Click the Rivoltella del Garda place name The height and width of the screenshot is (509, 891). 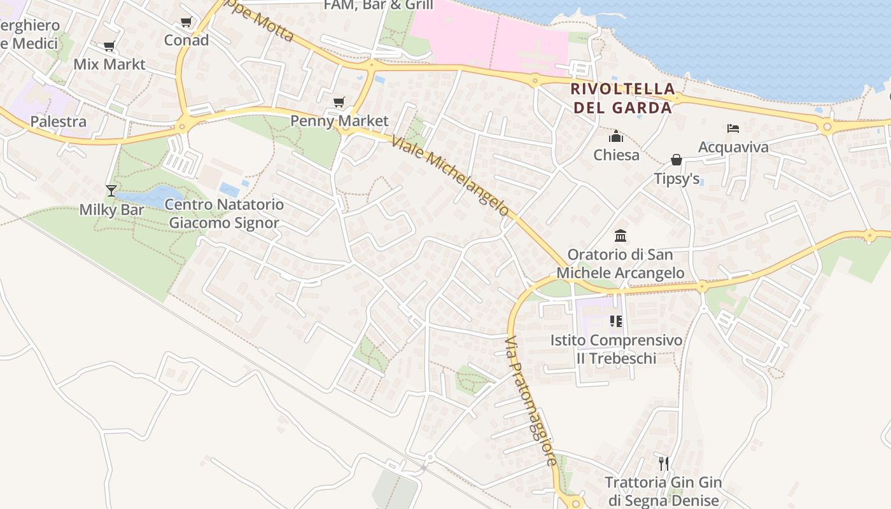(622, 98)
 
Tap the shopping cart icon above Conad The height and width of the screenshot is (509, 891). (186, 22)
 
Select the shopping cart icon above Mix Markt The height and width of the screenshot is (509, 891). (109, 46)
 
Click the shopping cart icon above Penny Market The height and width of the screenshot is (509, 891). (339, 102)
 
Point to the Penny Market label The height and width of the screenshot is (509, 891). (339, 120)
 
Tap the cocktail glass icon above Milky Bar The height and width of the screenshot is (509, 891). (111, 190)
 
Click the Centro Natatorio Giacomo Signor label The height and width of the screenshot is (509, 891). (224, 214)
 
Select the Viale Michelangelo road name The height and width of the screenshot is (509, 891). (451, 176)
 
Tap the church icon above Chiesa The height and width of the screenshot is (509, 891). (616, 137)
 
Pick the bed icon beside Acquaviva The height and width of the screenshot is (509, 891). (733, 129)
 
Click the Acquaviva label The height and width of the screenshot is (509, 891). (733, 147)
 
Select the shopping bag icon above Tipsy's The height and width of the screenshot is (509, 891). (677, 160)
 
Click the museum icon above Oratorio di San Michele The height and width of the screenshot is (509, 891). (621, 236)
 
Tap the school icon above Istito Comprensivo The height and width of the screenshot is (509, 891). (615, 321)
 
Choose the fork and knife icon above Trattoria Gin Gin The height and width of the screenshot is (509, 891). (664, 463)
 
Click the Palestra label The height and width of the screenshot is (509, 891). (59, 122)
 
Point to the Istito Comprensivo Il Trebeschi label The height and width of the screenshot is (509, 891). (616, 349)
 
